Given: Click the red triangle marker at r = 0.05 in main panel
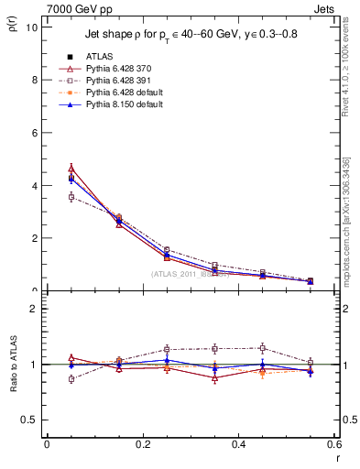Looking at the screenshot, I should tap(71, 169).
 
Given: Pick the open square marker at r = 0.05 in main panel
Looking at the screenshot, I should tap(71, 197).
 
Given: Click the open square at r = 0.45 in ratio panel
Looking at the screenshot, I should tap(263, 348).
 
